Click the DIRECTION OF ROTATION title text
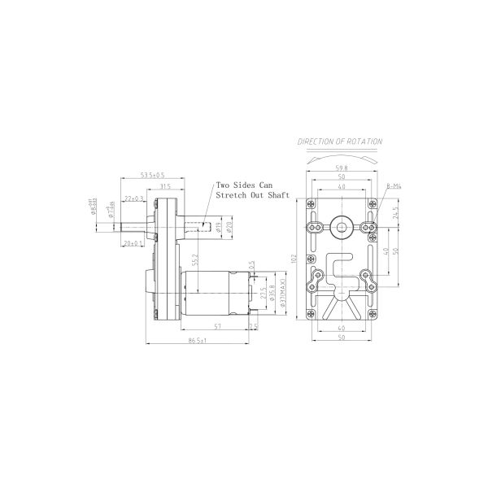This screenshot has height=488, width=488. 339,141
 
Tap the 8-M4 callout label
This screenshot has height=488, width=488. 394,188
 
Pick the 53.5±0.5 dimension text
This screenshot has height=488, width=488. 151,175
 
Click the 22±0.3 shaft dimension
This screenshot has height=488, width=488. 135,198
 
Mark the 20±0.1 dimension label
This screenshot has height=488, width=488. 133,243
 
